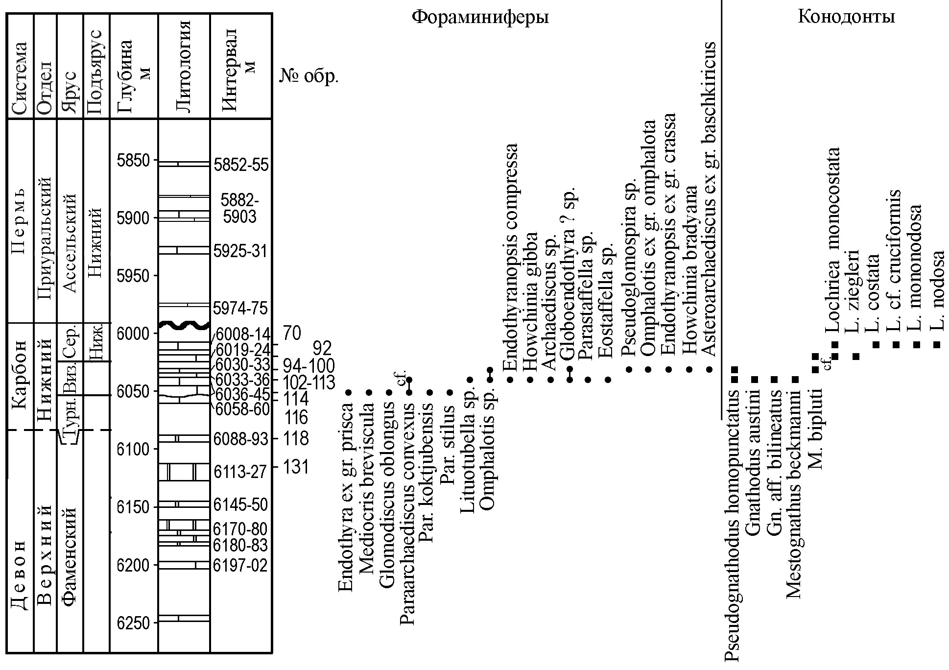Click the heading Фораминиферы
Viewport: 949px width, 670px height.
coord(479,18)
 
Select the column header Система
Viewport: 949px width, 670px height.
coord(20,78)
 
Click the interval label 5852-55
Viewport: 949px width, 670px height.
coord(241,165)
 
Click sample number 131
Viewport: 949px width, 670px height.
coord(296,467)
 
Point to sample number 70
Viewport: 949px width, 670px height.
coord(292,334)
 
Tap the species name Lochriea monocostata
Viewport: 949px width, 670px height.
coord(832,240)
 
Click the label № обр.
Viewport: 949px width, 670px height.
coord(309,77)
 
